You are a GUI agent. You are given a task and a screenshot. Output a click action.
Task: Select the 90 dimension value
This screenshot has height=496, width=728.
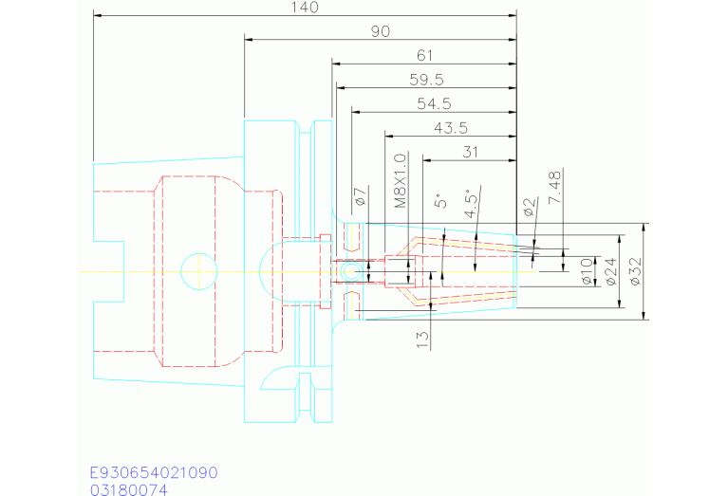(x=381, y=31)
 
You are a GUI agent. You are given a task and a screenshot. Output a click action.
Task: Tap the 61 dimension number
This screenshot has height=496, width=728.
(x=424, y=56)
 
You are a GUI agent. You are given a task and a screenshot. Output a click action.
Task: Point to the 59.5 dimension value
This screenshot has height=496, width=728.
(x=425, y=80)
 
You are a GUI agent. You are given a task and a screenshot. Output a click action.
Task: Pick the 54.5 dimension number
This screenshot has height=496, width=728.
(x=433, y=103)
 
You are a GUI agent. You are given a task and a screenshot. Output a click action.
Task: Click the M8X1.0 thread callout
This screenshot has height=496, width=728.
(x=400, y=180)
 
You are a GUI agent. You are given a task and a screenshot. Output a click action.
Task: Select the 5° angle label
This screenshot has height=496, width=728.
(x=439, y=202)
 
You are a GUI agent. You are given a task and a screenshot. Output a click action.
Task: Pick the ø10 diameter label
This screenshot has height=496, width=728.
(x=587, y=272)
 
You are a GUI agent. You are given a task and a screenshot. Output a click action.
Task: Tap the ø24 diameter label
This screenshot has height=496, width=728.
(x=611, y=272)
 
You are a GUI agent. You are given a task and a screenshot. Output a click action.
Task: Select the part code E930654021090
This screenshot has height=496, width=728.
(x=154, y=472)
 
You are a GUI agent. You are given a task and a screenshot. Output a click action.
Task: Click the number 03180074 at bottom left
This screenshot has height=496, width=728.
(x=128, y=489)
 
